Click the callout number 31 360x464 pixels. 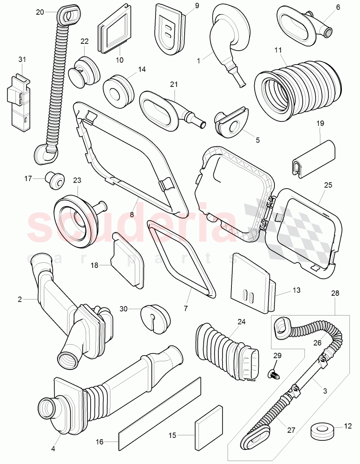22,59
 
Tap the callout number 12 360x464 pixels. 347,426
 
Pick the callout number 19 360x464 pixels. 320,124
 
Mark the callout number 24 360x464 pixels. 241,321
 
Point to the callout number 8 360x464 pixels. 132,214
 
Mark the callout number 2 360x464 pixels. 19,299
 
